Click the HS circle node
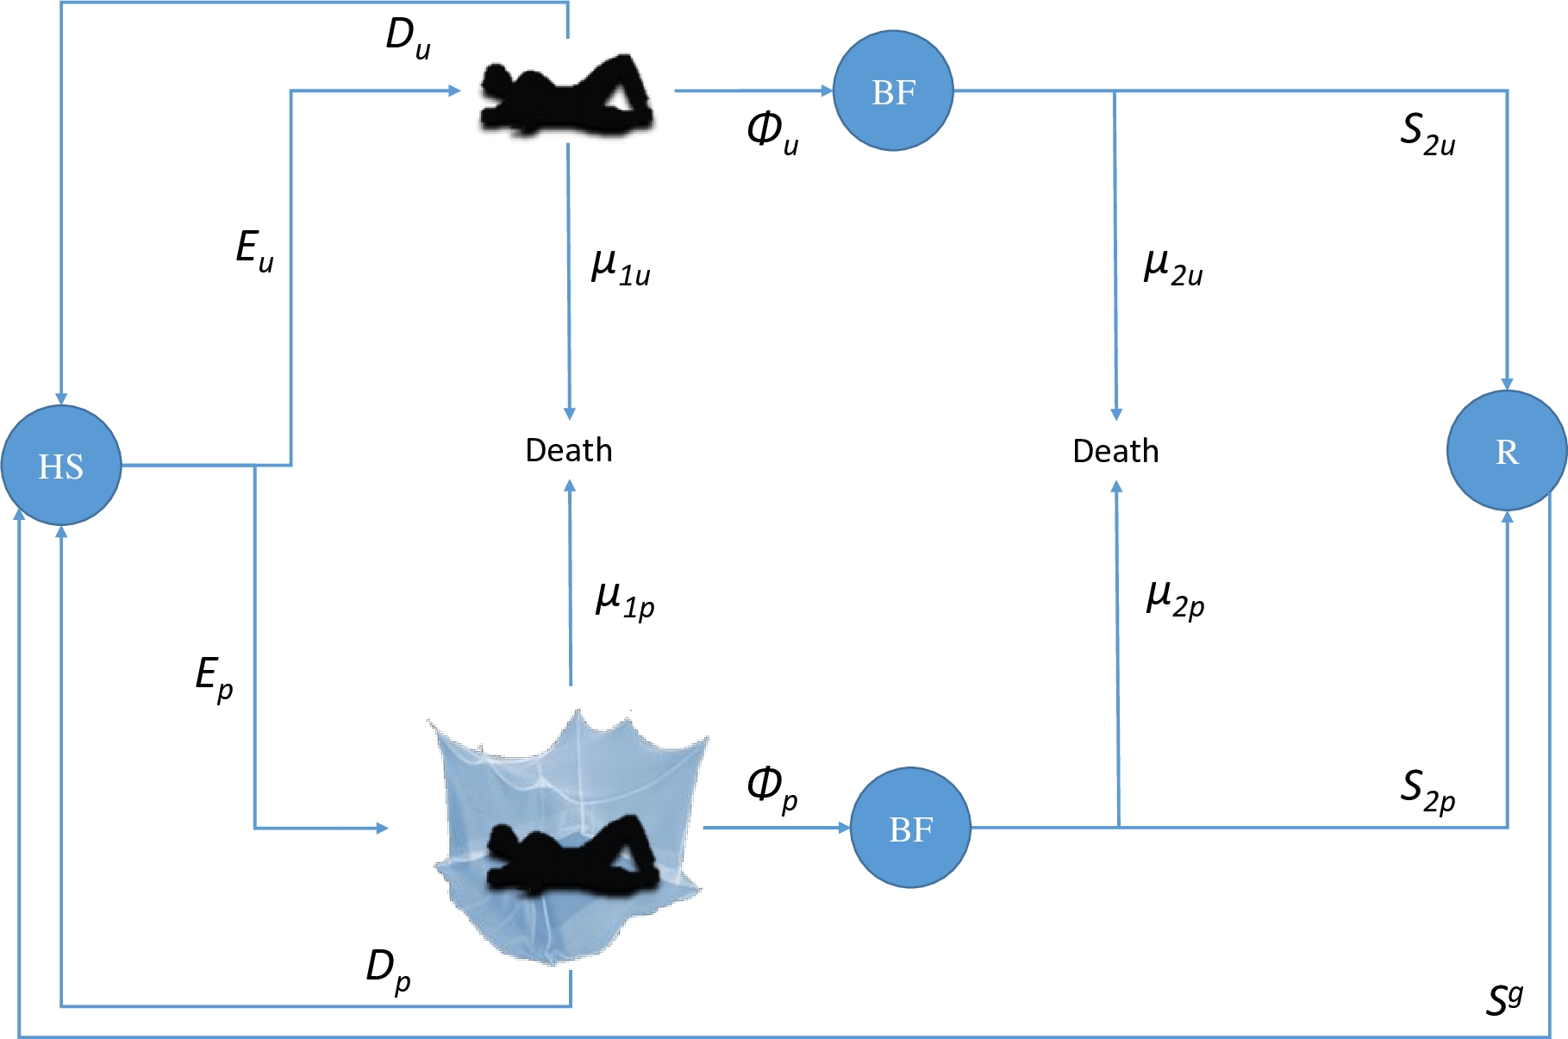point(61,466)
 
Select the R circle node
point(1506,451)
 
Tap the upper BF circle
point(893,91)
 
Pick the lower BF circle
point(910,828)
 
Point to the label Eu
point(254,251)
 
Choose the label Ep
point(214,678)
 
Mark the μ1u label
point(620,266)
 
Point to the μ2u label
point(1172,266)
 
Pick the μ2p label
point(1175,598)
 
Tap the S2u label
point(1427,135)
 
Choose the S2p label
point(1427,791)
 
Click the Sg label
point(1504,1000)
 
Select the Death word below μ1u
point(569,450)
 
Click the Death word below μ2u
point(1115,451)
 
